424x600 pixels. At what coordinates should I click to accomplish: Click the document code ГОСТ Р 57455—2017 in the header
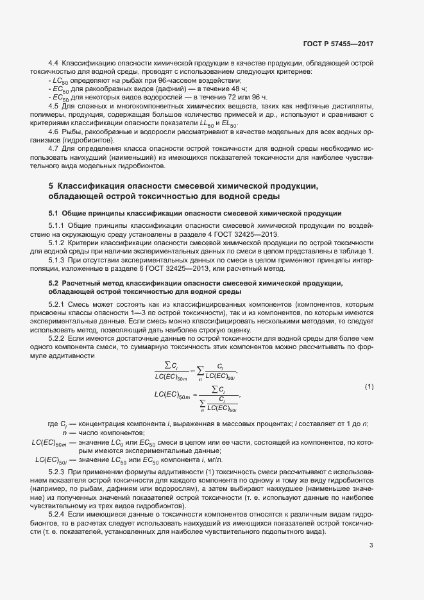tap(338, 44)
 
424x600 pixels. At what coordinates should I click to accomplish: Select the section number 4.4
tap(53, 63)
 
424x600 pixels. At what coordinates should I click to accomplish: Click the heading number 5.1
tap(55, 212)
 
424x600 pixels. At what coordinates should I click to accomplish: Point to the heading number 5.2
tap(55, 283)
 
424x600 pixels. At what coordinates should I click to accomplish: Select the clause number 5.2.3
tap(56, 472)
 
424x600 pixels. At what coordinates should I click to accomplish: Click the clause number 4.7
tap(53, 148)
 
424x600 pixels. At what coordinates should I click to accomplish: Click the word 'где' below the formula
tap(36, 424)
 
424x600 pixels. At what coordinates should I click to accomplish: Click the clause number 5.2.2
tap(56, 338)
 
